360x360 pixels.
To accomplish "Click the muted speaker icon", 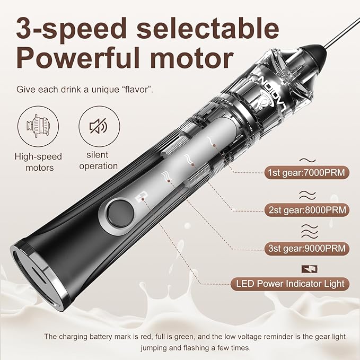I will [x=96, y=126].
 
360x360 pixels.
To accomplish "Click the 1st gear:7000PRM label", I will [x=305, y=172].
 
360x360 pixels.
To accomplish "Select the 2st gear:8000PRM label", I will [x=306, y=210].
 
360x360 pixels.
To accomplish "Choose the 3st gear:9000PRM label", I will [x=305, y=248].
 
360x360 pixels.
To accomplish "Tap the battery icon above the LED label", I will [x=306, y=269].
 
